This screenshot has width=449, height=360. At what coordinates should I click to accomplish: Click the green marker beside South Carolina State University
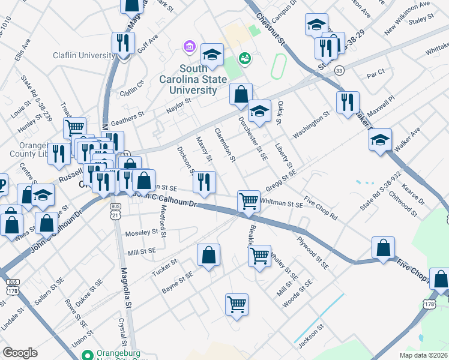244,58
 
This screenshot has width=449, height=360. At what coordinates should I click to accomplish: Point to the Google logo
20,353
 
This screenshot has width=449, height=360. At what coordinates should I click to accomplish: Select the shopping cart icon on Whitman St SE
249,201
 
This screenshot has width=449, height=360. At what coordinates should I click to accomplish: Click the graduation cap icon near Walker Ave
380,140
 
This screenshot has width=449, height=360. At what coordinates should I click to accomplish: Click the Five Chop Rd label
321,206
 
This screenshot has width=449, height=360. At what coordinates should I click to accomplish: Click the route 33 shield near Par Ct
339,70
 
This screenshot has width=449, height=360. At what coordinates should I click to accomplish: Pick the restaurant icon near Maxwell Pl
348,102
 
